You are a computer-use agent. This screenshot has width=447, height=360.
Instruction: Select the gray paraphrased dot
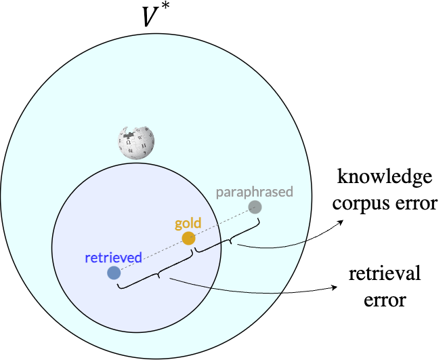[255, 207]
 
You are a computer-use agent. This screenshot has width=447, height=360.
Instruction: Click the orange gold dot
[189, 239]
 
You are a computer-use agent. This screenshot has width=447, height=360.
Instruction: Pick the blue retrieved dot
[114, 273]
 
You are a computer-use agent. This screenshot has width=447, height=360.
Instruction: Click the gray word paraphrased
[254, 192]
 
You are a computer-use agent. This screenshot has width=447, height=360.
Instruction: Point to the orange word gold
[188, 223]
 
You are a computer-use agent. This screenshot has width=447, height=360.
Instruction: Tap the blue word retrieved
[113, 258]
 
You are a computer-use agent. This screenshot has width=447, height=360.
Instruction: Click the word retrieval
[385, 275]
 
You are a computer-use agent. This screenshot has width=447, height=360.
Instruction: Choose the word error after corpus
[417, 203]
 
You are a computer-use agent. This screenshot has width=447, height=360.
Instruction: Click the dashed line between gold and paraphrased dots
[222, 222]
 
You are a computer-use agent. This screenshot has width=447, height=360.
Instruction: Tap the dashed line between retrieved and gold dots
[151, 256]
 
